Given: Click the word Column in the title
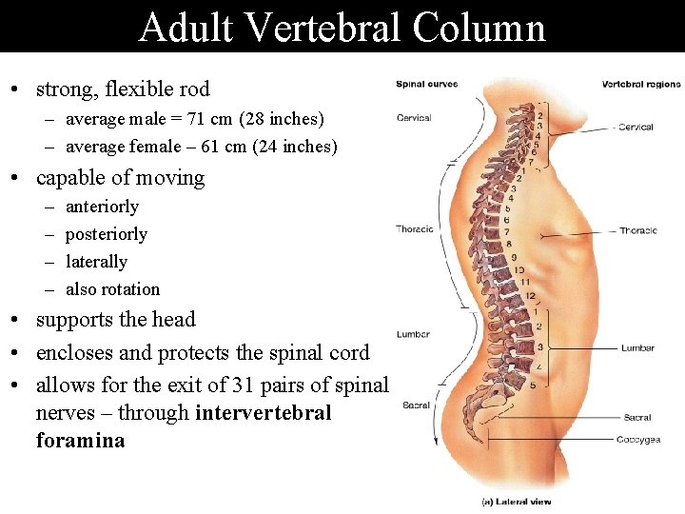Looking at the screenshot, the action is (x=479, y=28).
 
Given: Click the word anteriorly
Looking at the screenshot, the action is (x=102, y=207).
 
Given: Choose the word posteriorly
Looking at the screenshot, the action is (x=107, y=234).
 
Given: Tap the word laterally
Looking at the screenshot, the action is (x=96, y=262).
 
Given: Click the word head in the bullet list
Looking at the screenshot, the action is (x=173, y=320).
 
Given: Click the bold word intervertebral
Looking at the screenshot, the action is (x=263, y=413).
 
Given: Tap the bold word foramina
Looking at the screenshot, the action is (x=80, y=441).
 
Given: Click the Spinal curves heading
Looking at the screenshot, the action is (x=426, y=84).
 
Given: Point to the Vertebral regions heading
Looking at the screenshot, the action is (x=641, y=84).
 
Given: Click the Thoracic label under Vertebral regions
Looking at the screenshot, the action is (x=638, y=230).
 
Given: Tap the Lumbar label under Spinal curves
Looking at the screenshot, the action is (x=414, y=334).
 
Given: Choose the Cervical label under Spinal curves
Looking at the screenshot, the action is (x=414, y=118).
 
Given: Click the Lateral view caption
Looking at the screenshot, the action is (x=517, y=502).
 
